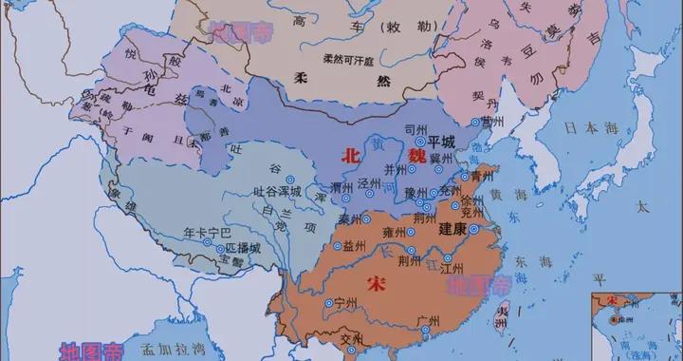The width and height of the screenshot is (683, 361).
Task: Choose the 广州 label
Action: coord(427,319)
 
